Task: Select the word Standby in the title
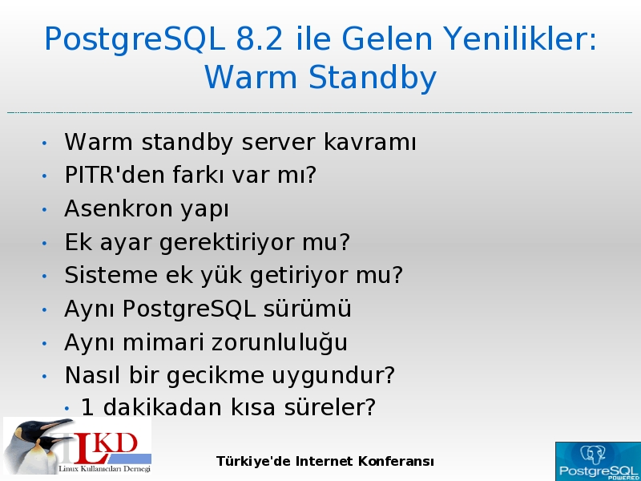click(373, 78)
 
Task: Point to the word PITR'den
click(115, 175)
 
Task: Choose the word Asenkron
click(119, 208)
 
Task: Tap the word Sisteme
click(111, 275)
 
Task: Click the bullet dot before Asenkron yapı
click(45, 210)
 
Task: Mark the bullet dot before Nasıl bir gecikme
click(45, 376)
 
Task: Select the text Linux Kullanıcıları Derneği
click(105, 469)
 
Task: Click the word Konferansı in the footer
click(396, 462)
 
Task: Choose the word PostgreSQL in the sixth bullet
click(189, 309)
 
